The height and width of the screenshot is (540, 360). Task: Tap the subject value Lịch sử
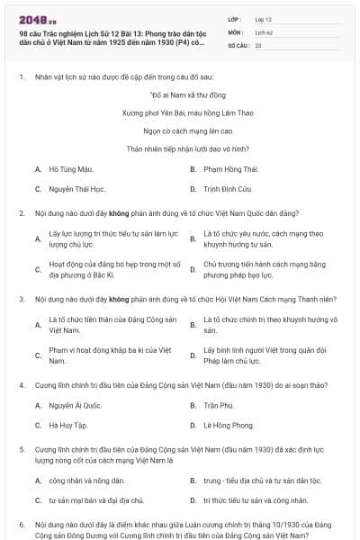[264, 31]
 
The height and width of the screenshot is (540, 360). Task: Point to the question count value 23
[258, 44]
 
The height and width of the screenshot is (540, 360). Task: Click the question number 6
[22, 523]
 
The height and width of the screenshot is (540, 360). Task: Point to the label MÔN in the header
[235, 31]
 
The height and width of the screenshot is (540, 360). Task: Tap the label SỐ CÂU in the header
[238, 44]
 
